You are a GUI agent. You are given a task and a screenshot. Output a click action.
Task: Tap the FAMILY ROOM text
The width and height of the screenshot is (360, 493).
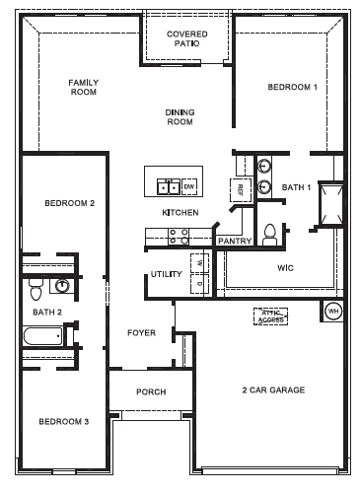[x=83, y=88]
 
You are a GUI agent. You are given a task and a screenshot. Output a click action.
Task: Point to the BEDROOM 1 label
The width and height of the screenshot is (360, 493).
[x=293, y=88]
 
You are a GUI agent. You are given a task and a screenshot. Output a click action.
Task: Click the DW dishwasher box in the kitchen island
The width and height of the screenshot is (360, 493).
[x=189, y=184]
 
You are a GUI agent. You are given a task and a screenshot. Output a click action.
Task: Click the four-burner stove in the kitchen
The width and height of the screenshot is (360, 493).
[x=179, y=236]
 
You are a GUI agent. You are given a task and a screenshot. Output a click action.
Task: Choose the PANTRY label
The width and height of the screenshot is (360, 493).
[x=234, y=240]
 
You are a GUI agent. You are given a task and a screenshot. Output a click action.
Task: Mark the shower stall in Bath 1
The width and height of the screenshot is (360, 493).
[x=329, y=203]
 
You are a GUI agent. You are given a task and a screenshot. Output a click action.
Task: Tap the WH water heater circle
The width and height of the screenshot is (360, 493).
[x=332, y=311]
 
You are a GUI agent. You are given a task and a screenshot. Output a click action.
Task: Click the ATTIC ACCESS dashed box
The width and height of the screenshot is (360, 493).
[x=270, y=317]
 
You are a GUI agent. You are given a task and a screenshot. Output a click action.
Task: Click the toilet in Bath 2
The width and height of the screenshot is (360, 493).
[x=36, y=289]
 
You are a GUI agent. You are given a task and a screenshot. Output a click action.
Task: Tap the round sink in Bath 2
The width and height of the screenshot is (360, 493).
[x=62, y=286]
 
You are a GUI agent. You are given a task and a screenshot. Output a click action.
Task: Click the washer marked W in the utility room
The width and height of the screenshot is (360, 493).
[x=198, y=263]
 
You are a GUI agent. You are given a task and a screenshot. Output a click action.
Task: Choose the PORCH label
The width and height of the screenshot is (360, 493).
[x=151, y=391]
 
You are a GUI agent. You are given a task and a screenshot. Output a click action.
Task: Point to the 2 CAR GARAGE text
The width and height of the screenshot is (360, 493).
[x=273, y=389]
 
